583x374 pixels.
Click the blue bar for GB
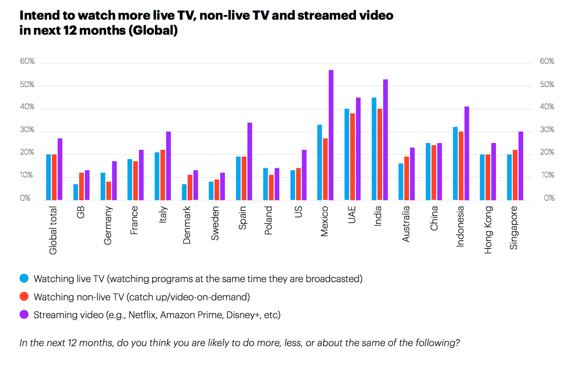76,192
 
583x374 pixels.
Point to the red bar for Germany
109,191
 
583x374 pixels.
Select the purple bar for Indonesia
466,153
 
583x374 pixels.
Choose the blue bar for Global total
49,177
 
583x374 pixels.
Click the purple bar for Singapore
521,165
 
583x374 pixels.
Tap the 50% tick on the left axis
27,85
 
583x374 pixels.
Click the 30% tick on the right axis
547,130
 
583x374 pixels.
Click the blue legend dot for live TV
23,279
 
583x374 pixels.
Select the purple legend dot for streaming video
23,315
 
